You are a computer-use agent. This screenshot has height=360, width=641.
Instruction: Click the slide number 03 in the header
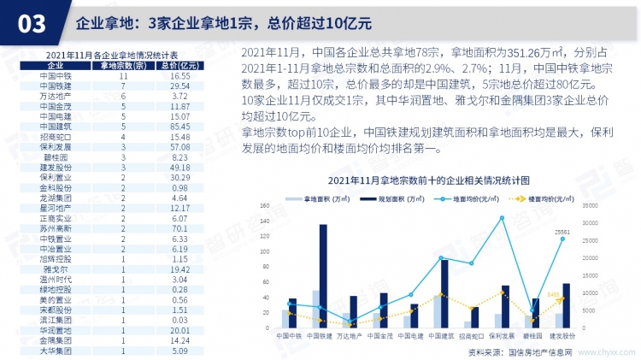pyautogui.click(x=26, y=24)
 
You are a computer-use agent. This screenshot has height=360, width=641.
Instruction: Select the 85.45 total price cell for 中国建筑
pyautogui.click(x=179, y=127)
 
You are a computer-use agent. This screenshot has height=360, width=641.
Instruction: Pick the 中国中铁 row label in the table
pyautogui.click(x=56, y=76)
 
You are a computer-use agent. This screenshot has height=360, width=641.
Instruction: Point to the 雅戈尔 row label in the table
pyautogui.click(x=56, y=269)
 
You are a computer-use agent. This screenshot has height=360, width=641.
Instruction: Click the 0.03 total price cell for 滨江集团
pyautogui.click(x=179, y=320)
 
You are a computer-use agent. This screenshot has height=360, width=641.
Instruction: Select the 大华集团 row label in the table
pyautogui.click(x=56, y=351)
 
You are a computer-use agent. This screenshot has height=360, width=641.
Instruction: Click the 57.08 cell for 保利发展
pyautogui.click(x=179, y=147)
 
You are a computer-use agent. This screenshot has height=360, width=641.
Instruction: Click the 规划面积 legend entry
pyautogui.click(x=402, y=198)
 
